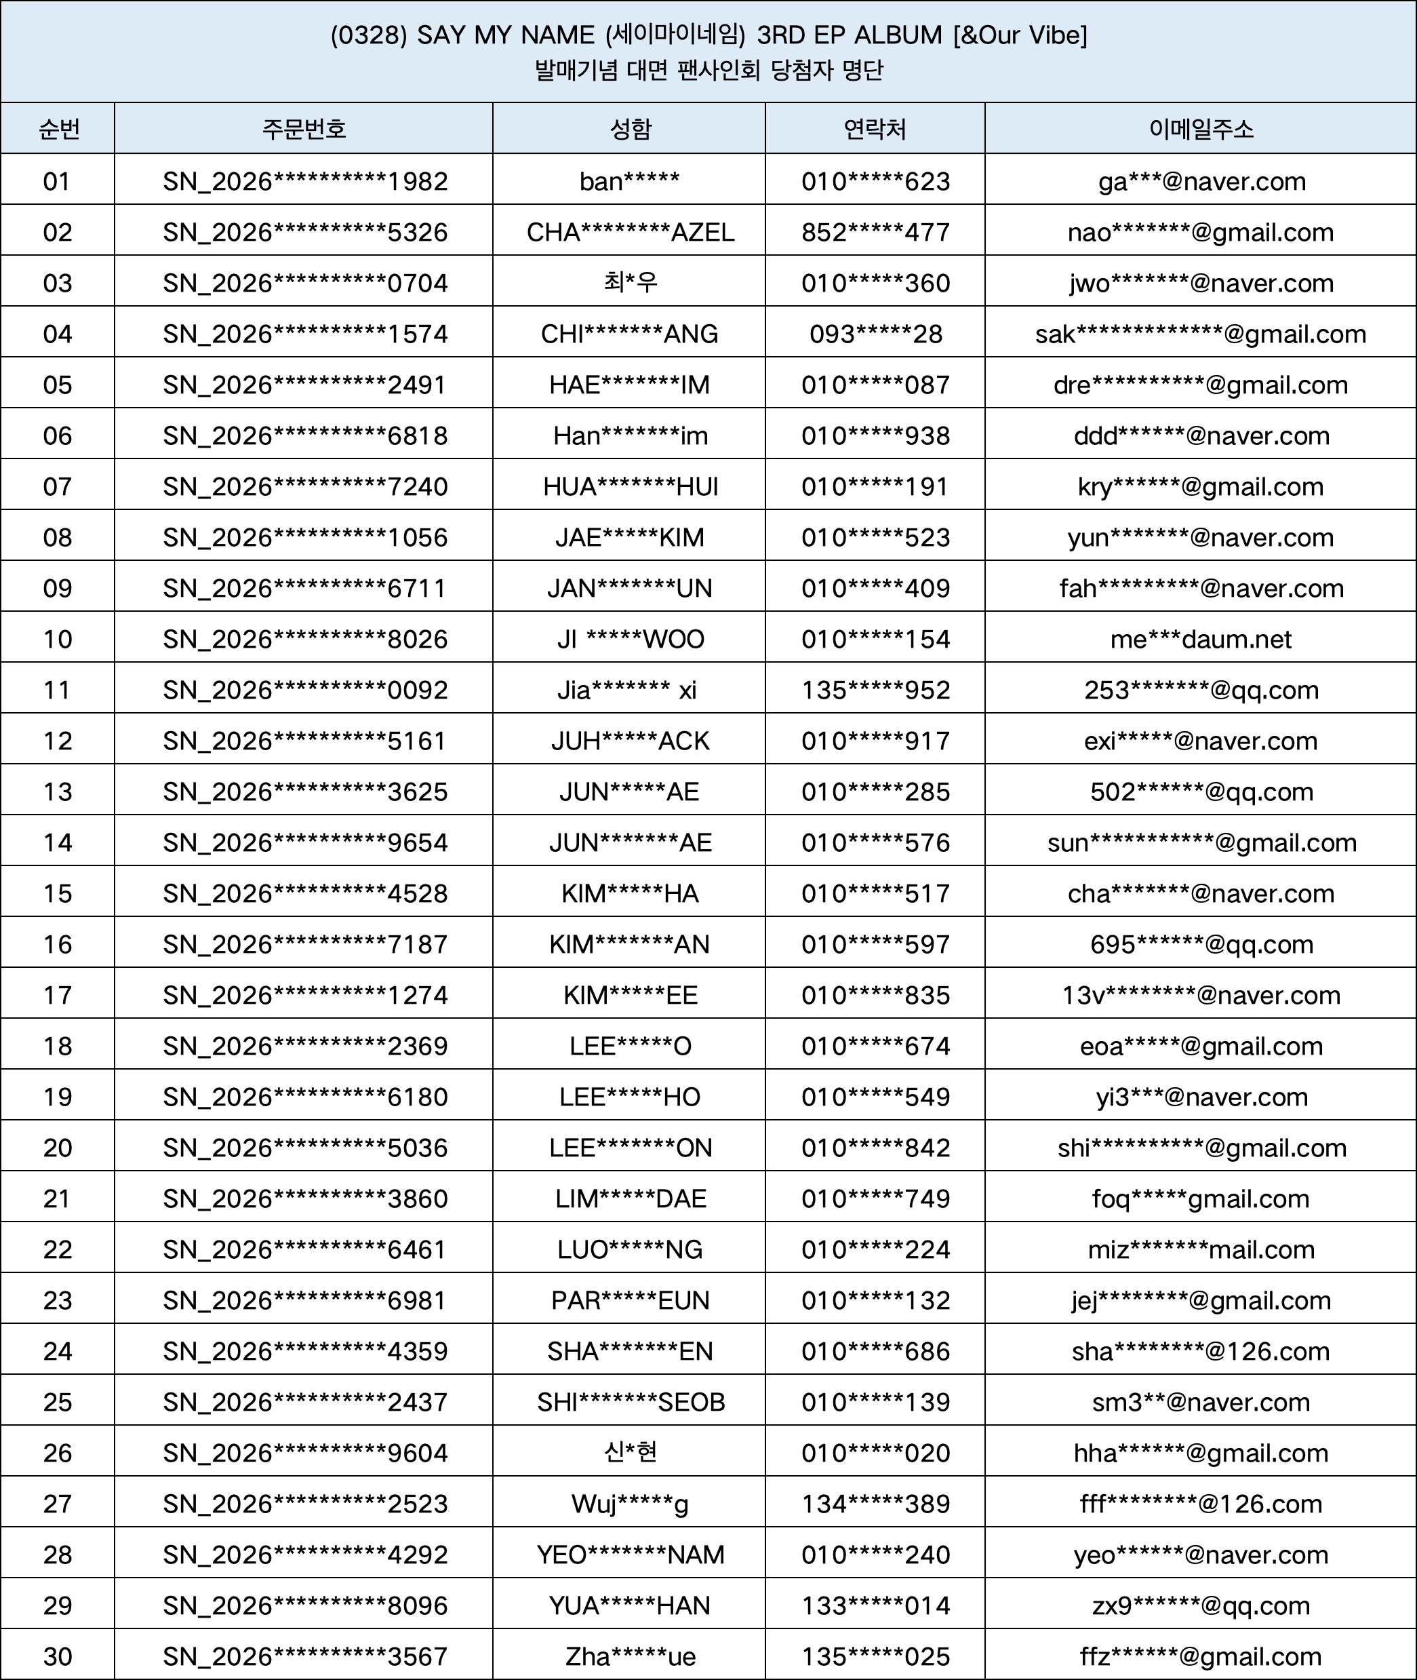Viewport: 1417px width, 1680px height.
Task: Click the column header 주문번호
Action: (x=304, y=129)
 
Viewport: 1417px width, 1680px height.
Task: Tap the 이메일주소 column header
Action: (x=1200, y=129)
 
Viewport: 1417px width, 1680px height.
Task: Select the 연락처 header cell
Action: (x=875, y=129)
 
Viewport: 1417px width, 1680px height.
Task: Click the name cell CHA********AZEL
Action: (x=630, y=232)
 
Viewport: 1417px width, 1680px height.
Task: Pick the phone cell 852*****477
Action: (x=875, y=232)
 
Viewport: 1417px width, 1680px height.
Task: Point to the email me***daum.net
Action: (x=1200, y=640)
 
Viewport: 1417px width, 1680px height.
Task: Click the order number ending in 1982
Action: (x=304, y=182)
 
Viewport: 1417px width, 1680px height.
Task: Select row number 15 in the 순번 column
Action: (x=57, y=893)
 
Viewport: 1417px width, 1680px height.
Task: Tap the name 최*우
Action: (x=630, y=283)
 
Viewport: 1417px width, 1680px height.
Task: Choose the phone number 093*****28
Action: (x=875, y=334)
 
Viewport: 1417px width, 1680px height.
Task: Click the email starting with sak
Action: (x=1200, y=334)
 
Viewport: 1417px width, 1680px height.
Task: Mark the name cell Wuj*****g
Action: (x=630, y=1504)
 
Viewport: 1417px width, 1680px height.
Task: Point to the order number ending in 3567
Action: (x=304, y=1657)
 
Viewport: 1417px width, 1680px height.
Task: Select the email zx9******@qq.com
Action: (x=1200, y=1606)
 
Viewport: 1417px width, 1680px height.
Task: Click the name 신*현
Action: (x=630, y=1453)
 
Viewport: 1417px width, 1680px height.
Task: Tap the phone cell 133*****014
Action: (x=875, y=1606)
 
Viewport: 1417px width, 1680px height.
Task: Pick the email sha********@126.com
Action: (x=1200, y=1351)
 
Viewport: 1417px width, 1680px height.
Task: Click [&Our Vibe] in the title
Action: (x=1020, y=35)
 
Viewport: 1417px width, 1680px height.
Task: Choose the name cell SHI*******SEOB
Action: (x=630, y=1402)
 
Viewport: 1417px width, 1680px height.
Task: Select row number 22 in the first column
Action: (x=57, y=1249)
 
